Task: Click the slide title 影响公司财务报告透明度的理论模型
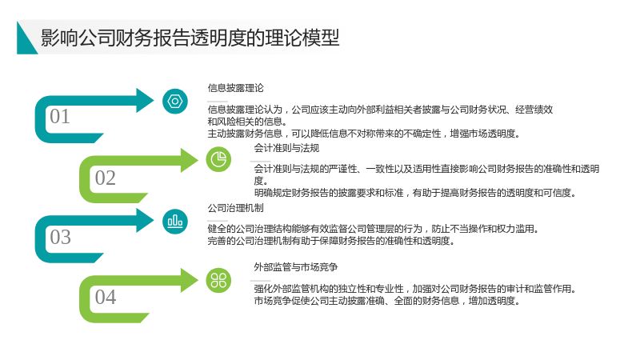click(190, 38)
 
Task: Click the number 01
click(60, 117)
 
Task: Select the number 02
click(106, 178)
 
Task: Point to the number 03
click(61, 237)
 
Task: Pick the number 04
click(106, 297)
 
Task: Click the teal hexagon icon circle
click(175, 102)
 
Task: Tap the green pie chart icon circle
click(218, 159)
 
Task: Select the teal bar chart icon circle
click(175, 222)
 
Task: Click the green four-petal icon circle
click(218, 281)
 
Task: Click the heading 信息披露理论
click(235, 88)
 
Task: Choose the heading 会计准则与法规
click(286, 148)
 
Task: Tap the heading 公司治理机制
click(235, 208)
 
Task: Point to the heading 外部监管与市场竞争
click(296, 267)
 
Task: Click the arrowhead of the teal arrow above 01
click(145, 101)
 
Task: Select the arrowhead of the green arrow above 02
click(190, 160)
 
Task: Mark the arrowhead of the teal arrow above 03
click(145, 221)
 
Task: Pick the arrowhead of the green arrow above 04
click(190, 281)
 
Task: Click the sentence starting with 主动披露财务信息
click(364, 134)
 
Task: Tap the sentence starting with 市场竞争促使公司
click(387, 302)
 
